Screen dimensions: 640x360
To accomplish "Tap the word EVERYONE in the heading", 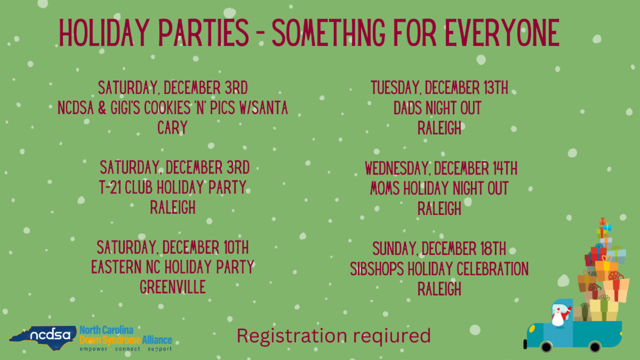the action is pos(502,33).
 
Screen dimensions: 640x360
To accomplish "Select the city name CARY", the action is pos(173,127).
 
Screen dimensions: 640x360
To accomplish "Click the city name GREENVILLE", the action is pos(173,287).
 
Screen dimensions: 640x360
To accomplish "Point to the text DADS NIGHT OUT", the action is pos(437,108).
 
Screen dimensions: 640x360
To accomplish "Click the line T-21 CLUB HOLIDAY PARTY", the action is pos(173,187).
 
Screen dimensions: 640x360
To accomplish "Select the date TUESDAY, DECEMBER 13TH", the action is pos(439,87).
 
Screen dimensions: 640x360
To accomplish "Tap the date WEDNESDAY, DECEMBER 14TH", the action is pos(441,168).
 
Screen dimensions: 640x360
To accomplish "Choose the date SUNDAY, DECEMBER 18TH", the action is pos(439,249).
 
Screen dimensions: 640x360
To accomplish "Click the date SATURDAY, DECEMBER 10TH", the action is pos(173,247).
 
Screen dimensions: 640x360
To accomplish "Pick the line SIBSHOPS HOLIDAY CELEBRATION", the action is pos(439,269).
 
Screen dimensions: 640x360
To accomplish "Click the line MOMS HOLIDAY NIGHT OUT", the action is pos(439,188).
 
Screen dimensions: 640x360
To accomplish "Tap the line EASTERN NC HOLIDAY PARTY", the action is pos(173,267).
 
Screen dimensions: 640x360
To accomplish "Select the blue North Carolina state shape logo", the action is pos(43,338).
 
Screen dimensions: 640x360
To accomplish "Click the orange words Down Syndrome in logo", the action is pos(110,340).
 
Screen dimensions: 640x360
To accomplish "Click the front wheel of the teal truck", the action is pos(595,347).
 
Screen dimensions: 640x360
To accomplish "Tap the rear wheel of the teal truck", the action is pos(546,347).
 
